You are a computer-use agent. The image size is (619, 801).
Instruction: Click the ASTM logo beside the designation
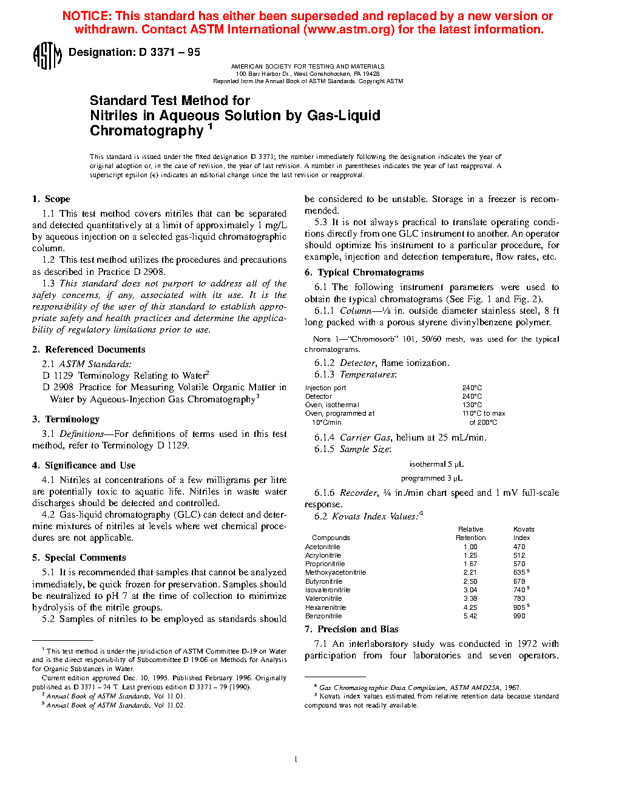(x=47, y=56)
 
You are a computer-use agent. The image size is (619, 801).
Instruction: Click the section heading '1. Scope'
(x=51, y=199)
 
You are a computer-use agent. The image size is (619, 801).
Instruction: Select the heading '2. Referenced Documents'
(x=89, y=350)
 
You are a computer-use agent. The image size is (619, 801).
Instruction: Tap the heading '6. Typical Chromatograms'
(x=364, y=272)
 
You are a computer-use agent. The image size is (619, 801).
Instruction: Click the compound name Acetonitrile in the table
(x=322, y=547)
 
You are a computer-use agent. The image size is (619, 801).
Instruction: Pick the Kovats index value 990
(x=519, y=616)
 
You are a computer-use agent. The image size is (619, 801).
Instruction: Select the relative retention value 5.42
(x=470, y=616)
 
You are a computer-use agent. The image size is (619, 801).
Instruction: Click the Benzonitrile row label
(x=323, y=616)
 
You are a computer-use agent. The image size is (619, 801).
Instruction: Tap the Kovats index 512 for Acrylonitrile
(x=519, y=555)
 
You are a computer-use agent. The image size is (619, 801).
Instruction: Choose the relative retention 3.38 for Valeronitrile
(x=470, y=598)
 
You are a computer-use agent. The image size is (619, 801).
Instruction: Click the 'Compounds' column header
(x=331, y=538)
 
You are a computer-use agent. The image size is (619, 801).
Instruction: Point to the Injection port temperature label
(x=325, y=388)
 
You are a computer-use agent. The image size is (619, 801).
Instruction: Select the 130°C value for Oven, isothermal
(x=472, y=405)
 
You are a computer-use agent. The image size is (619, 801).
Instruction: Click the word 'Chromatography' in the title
(x=147, y=131)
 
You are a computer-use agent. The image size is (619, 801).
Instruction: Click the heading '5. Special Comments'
(x=79, y=558)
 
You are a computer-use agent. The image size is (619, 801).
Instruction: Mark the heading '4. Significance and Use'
(x=84, y=465)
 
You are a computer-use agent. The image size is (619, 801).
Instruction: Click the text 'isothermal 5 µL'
(x=436, y=464)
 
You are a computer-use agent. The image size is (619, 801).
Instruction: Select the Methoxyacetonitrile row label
(x=336, y=572)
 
